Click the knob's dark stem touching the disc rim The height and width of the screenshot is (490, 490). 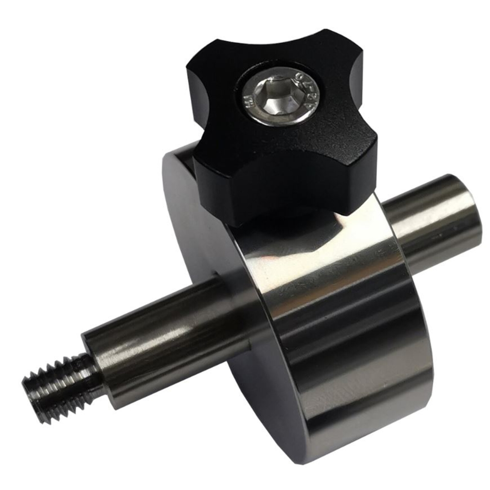click(x=254, y=223)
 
